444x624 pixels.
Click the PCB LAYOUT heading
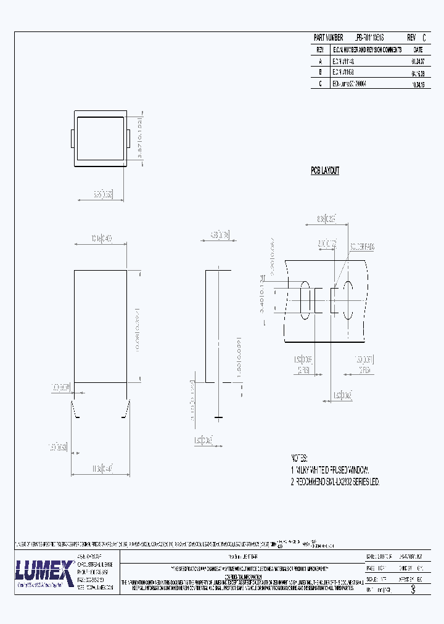325,171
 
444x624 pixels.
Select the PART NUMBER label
328,38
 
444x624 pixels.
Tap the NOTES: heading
300,458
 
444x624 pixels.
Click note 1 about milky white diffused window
329,470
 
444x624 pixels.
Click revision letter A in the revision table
320,61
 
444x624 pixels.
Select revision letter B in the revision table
320,72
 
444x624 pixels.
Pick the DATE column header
417,49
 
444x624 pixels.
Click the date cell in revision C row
417,83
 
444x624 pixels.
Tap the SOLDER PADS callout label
362,246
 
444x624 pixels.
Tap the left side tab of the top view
73,139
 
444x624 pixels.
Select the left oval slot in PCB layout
305,300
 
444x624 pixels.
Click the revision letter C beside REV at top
424,38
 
